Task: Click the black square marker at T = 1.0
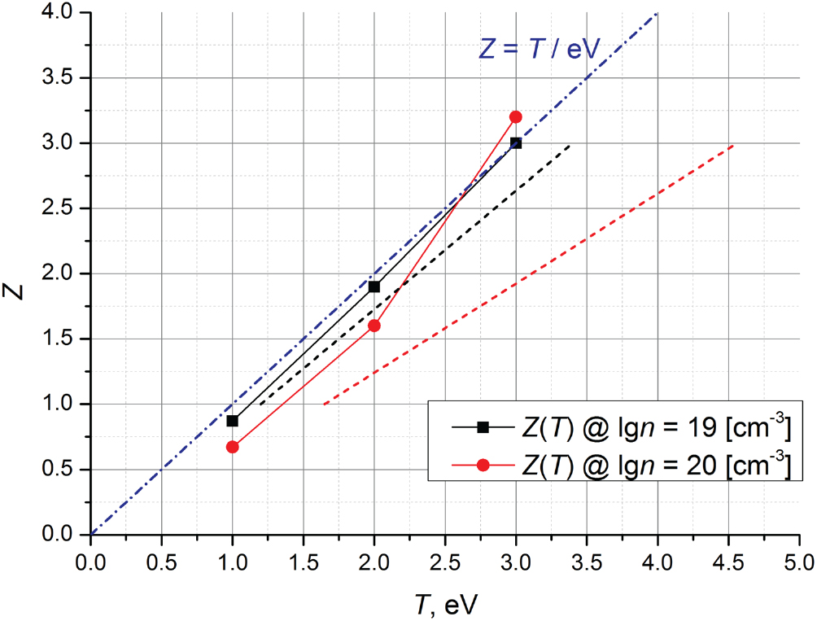pos(233,421)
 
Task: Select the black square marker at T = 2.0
pos(374,286)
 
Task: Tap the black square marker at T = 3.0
pos(516,142)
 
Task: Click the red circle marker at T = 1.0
pos(233,447)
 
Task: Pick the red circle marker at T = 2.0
pos(374,326)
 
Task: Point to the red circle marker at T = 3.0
pos(516,116)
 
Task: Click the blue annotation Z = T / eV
pos(538,50)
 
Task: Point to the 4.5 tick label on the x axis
pos(727,562)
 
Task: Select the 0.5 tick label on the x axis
pos(161,562)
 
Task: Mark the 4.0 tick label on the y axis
pos(60,13)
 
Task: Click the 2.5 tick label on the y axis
pos(60,208)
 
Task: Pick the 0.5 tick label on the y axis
pos(60,469)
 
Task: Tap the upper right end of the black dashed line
pos(570,146)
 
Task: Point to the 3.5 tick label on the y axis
pos(60,78)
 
